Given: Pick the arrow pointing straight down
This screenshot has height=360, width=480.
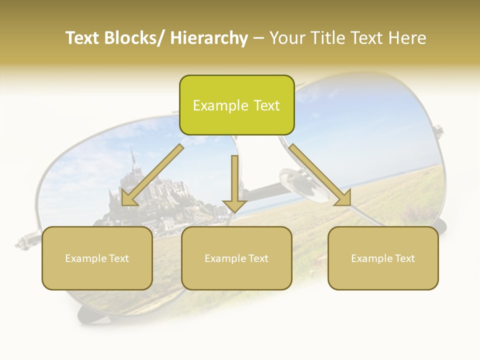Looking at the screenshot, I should (x=234, y=182).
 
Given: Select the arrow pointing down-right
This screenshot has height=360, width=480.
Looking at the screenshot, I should (x=320, y=175).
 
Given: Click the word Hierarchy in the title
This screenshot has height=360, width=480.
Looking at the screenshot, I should (x=209, y=38).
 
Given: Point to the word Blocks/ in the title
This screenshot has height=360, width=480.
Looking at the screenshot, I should (x=136, y=38).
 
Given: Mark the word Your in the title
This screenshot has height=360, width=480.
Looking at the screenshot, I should (x=286, y=38).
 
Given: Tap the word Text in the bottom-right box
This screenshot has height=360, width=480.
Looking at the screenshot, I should (x=403, y=258).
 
